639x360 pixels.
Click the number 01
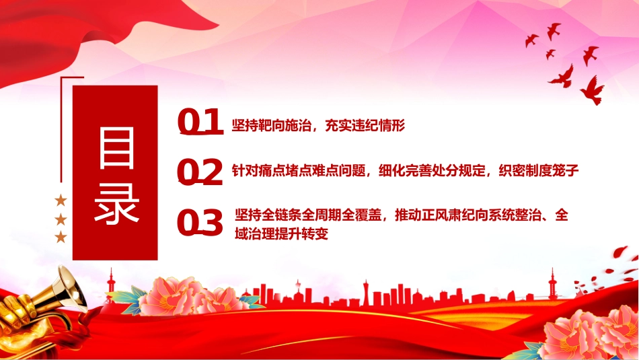click(x=200, y=122)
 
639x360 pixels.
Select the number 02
click(x=200, y=172)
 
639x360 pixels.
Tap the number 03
click(x=200, y=223)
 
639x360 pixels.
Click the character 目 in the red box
click(x=116, y=147)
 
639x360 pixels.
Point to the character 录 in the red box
click(x=116, y=203)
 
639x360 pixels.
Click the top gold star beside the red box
click(x=61, y=200)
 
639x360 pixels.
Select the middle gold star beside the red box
click(x=61, y=220)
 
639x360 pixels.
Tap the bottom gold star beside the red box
click(x=61, y=237)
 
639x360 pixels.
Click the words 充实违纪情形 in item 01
click(x=365, y=126)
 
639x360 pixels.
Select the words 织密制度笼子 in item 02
click(x=539, y=170)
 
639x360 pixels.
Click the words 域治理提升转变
click(x=282, y=234)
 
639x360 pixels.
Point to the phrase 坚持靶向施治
click(x=272, y=126)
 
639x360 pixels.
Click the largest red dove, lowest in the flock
click(x=592, y=90)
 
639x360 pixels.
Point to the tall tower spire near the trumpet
click(x=111, y=281)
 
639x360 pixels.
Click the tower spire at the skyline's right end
click(x=553, y=281)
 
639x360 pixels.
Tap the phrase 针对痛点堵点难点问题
click(x=299, y=170)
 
